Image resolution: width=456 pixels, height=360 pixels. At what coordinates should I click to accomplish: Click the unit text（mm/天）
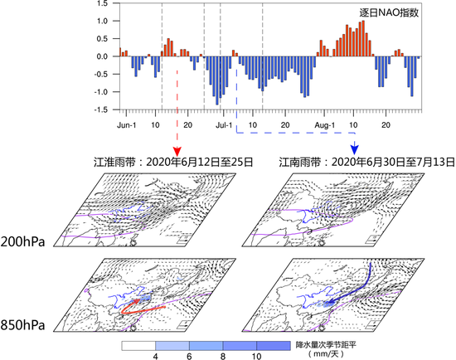point(318,353)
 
